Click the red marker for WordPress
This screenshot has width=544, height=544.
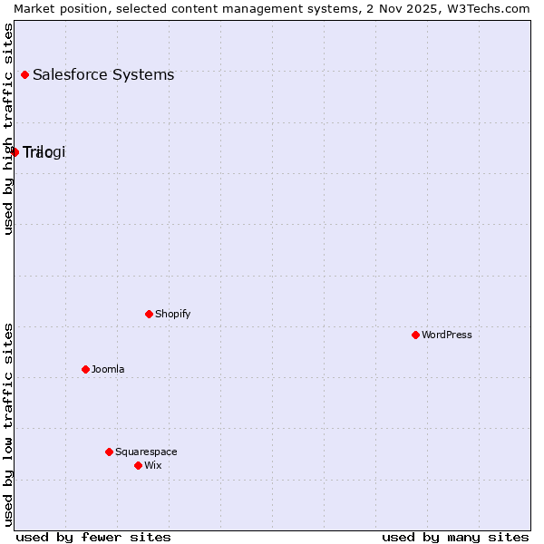coord(415,335)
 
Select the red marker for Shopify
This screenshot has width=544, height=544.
coord(149,314)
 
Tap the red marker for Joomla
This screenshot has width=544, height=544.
coord(85,369)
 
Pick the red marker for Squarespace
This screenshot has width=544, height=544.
coord(109,452)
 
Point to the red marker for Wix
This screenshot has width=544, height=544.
coord(138,465)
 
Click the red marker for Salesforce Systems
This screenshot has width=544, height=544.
coord(24,74)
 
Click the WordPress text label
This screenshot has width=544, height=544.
coord(447,335)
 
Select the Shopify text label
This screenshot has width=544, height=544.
coord(172,314)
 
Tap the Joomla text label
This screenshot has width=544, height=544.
coord(108,369)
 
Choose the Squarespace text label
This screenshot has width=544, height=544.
coord(146,452)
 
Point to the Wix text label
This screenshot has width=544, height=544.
coord(152,465)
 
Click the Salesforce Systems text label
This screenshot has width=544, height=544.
coord(103,74)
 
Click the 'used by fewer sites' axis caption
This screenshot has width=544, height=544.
coord(93,537)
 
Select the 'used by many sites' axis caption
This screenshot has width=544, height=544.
coord(455,537)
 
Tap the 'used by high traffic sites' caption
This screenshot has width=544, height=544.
coord(8,129)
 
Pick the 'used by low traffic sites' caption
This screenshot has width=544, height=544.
coord(8,424)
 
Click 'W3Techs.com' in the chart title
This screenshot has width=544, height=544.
coord(494,8)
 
